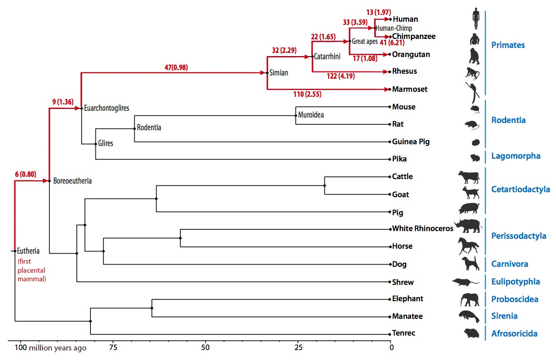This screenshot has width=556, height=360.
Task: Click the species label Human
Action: pos(405,19)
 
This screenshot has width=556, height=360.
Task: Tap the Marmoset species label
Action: pos(410,90)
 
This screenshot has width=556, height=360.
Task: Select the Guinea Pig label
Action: pos(411,142)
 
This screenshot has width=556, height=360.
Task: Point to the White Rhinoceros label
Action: pos(422,229)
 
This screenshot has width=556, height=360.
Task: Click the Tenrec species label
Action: pos(404,334)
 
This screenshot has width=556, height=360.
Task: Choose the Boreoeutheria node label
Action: pos(72,181)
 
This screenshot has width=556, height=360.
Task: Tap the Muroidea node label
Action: pos(311,115)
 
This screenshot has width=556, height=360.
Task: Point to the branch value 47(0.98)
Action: pos(176,67)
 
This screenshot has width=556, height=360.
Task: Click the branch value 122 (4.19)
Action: pos(340,76)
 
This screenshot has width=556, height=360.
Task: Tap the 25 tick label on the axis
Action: pos(298,348)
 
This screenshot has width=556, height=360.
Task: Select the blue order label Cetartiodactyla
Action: pos(520,189)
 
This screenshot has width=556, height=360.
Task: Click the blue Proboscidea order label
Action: pos(515,299)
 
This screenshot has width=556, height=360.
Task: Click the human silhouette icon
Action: pos(476,19)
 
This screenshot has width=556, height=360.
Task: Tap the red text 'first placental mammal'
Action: pos(32,270)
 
